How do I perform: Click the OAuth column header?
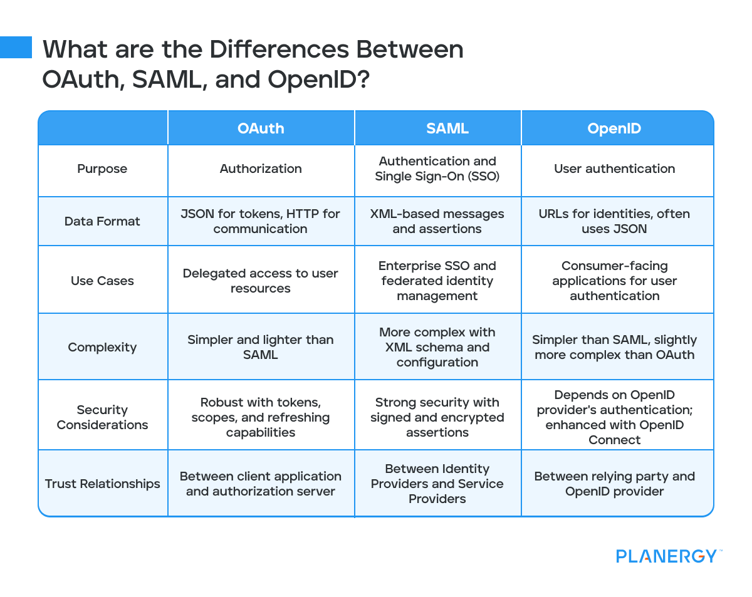pyautogui.click(x=261, y=128)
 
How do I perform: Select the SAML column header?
pyautogui.click(x=437, y=128)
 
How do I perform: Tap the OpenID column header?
pyautogui.click(x=614, y=128)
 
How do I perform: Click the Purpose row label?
pyautogui.click(x=102, y=169)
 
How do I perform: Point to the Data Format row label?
pyautogui.click(x=102, y=221)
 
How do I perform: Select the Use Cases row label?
pyautogui.click(x=102, y=281)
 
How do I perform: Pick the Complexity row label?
pyautogui.click(x=102, y=347)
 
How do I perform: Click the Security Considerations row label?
pyautogui.click(x=102, y=417)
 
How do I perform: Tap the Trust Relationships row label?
pyautogui.click(x=102, y=484)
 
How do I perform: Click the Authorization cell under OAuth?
pyautogui.click(x=261, y=169)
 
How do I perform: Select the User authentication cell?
pyautogui.click(x=614, y=169)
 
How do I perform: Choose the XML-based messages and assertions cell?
pyautogui.click(x=437, y=221)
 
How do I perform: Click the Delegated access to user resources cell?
pyautogui.click(x=261, y=281)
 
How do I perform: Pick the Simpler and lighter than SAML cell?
pyautogui.click(x=261, y=347)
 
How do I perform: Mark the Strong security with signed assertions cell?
pyautogui.click(x=437, y=417)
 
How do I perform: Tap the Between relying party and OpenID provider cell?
pyautogui.click(x=614, y=484)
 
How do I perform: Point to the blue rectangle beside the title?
pyautogui.click(x=16, y=47)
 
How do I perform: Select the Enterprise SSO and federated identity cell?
pyautogui.click(x=437, y=281)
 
